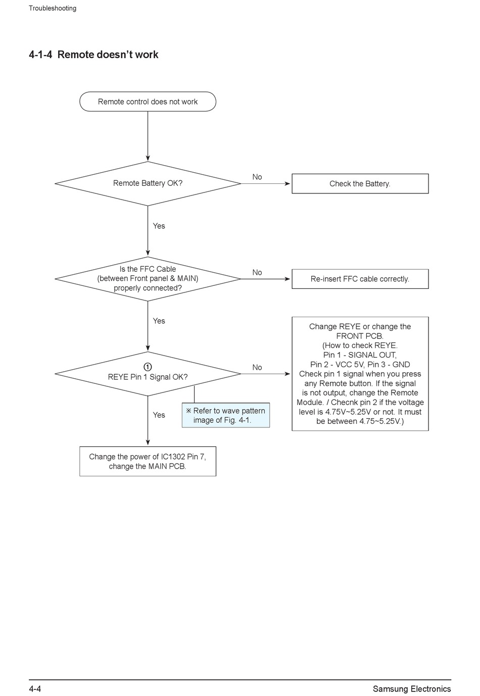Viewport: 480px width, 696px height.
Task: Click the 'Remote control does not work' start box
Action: tap(148, 102)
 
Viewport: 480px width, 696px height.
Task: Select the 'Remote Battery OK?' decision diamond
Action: tap(148, 184)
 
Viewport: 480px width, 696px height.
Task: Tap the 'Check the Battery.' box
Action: tap(360, 184)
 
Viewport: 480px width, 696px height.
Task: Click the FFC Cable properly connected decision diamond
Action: tap(148, 279)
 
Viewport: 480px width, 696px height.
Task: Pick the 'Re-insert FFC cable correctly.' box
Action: tap(360, 279)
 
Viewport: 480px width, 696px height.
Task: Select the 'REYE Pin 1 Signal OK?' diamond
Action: tap(148, 374)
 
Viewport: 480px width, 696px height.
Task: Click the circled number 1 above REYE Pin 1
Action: tap(148, 367)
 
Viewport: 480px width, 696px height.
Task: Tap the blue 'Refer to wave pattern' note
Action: tap(226, 415)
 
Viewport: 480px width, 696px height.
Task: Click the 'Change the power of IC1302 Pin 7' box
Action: tap(148, 462)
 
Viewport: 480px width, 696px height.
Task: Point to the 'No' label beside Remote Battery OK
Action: tap(257, 177)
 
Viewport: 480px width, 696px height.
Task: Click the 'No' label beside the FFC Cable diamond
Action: tap(257, 272)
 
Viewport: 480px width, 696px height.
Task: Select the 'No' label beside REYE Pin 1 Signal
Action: tap(257, 367)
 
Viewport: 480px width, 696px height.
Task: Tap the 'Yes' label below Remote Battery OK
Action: tap(159, 226)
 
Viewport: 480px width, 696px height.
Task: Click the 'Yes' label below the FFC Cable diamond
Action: tap(159, 321)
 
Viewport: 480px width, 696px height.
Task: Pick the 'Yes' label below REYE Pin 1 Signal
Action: tap(159, 415)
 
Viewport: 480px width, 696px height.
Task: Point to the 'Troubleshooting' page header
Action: tap(53, 9)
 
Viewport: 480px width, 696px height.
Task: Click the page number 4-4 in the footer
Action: tap(35, 689)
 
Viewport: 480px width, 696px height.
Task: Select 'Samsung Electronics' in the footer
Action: tap(412, 689)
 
